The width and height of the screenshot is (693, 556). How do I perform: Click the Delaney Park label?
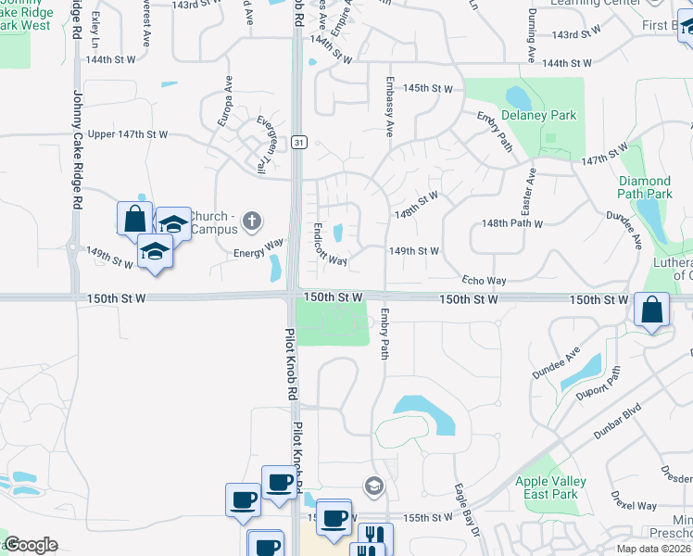tap(538, 116)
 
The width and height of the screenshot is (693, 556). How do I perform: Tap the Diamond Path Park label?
tap(645, 187)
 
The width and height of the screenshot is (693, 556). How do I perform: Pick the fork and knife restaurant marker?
tap(375, 537)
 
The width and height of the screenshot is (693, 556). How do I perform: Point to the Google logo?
tap(30, 545)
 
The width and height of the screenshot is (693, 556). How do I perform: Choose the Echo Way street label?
tap(485, 281)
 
